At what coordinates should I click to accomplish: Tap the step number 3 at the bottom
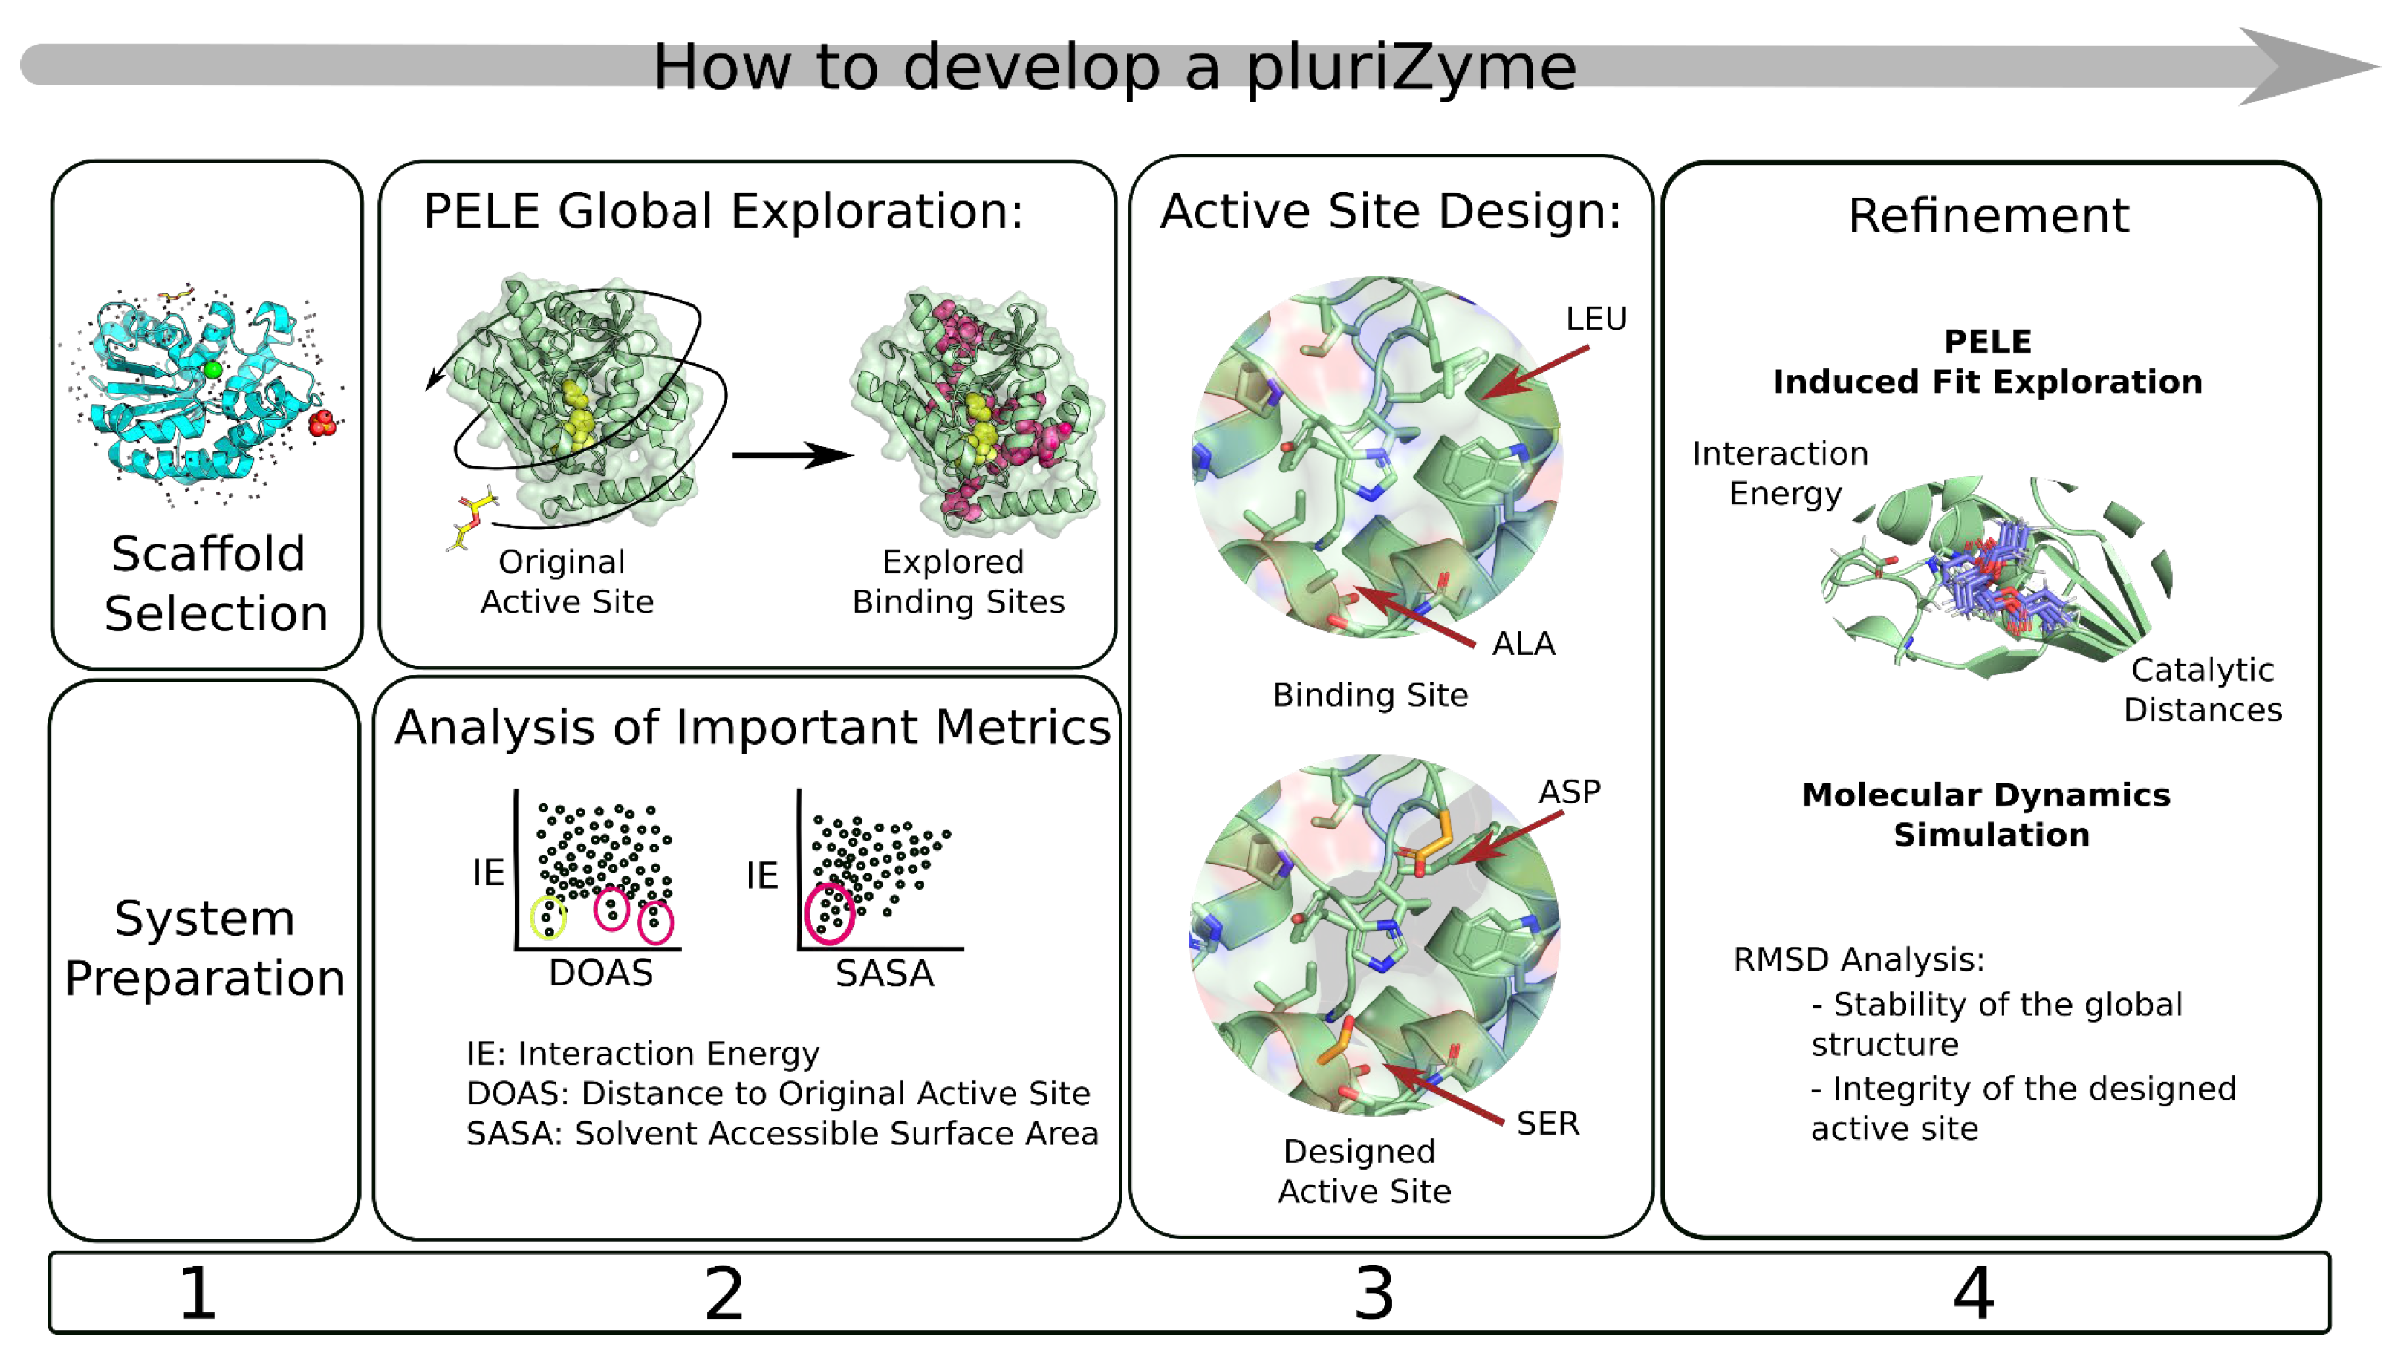1374,1293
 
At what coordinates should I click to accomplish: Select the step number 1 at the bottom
197,1293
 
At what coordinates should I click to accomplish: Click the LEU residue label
1596,319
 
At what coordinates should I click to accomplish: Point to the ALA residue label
1522,643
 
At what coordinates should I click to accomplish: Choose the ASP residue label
1569,792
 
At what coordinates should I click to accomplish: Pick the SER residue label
1547,1124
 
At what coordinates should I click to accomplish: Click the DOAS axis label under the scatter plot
600,973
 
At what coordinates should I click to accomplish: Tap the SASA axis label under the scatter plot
884,974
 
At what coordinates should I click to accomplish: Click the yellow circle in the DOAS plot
547,917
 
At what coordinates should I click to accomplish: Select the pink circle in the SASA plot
829,913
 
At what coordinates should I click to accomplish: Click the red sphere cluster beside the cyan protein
322,424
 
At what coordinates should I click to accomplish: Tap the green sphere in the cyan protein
212,370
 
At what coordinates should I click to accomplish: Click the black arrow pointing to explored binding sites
792,455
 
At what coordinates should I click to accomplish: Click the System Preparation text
204,948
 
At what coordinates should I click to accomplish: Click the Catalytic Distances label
2202,690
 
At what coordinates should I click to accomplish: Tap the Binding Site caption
1370,695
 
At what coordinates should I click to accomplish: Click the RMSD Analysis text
1858,959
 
